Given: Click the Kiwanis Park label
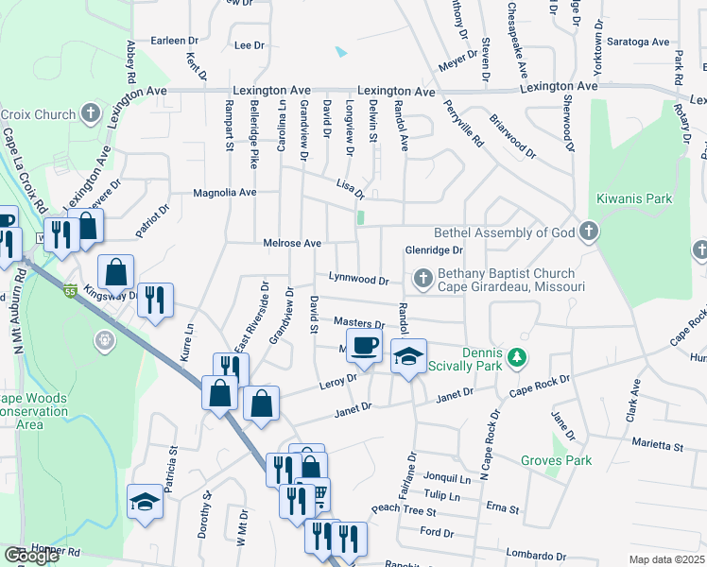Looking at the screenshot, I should (x=634, y=199).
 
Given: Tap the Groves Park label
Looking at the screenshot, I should (x=556, y=460).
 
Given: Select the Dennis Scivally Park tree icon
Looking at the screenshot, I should (x=516, y=357).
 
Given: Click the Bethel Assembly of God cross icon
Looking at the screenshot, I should (x=588, y=232).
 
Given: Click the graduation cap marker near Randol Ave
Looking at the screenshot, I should (x=408, y=357).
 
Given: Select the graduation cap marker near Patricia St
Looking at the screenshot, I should (x=145, y=501).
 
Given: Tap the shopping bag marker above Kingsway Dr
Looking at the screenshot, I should (x=115, y=273).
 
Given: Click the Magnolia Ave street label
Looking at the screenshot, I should (x=225, y=193).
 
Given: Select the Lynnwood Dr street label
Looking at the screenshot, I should (x=358, y=280).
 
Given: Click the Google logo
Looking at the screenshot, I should (x=31, y=556).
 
